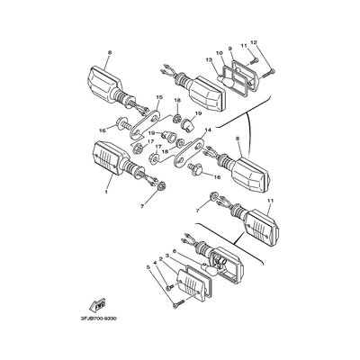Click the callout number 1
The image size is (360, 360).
click(x=106, y=192)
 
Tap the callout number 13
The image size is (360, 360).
click(x=208, y=59)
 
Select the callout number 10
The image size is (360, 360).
click(x=219, y=53)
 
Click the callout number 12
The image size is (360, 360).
click(x=254, y=42)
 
